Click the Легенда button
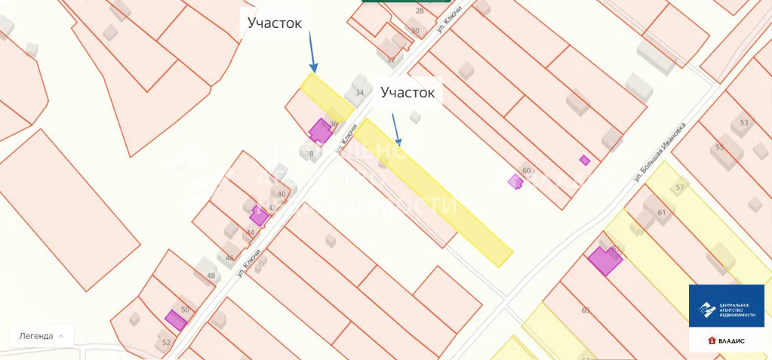tap(42, 336)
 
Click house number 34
tap(360, 93)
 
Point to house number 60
tap(527, 171)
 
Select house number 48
tap(211, 275)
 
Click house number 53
tap(744, 122)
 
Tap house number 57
tap(680, 187)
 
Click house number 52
tap(167, 342)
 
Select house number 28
tap(420, 11)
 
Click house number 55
tap(719, 147)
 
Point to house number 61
tap(662, 212)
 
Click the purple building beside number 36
tap(321, 131)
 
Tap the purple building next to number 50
tap(176, 320)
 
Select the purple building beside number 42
tap(258, 216)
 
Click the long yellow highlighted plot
tap(433, 192)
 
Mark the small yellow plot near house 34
tap(327, 97)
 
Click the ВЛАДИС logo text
tap(730, 341)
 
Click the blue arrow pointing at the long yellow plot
tap(395, 128)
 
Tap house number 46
tap(229, 257)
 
